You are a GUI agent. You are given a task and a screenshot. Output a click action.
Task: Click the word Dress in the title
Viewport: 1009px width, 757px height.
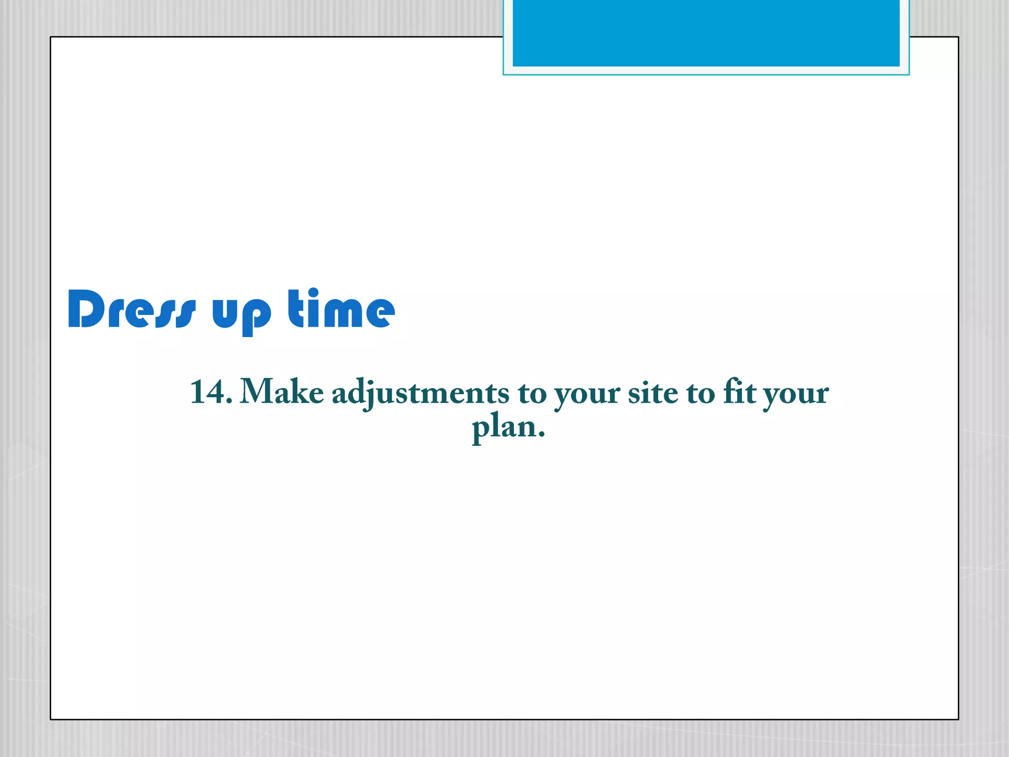[132, 310]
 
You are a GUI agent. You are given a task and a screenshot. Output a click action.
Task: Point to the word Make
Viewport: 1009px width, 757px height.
[281, 392]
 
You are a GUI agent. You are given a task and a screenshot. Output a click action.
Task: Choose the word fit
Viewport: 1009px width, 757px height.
[739, 392]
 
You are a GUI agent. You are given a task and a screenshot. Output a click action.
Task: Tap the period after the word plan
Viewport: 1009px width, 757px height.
[541, 435]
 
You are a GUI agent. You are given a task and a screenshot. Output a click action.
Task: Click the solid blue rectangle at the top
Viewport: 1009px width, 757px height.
[706, 33]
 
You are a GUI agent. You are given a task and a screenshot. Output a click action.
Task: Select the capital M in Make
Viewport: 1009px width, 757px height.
[256, 392]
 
